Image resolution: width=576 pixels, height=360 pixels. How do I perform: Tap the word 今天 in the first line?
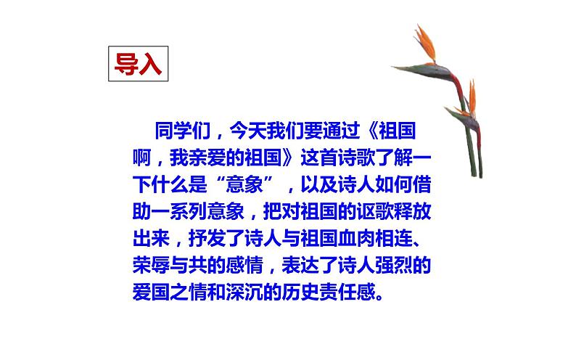(x=247, y=132)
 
